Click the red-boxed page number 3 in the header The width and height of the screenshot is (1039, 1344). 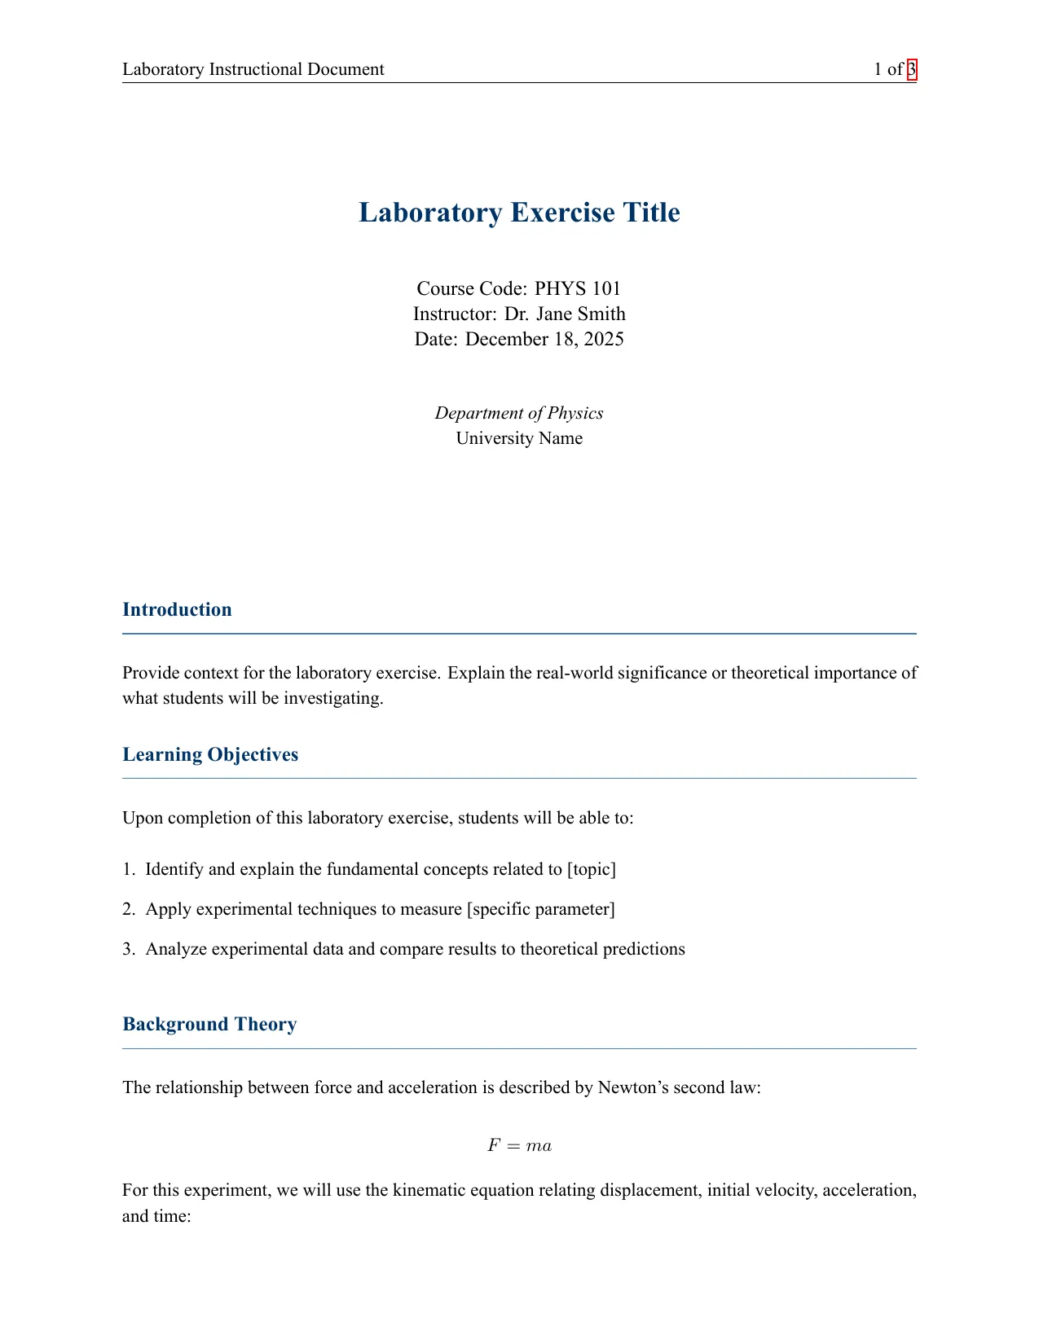tap(912, 69)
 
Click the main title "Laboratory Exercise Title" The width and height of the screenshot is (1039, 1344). tap(519, 213)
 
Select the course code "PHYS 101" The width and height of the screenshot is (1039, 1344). tap(578, 288)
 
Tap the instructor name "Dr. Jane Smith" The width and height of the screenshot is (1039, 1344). tap(565, 314)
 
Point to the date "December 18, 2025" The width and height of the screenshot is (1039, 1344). tap(544, 339)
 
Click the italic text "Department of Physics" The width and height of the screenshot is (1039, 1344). tap(519, 413)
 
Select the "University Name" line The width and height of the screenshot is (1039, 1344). tap(519, 438)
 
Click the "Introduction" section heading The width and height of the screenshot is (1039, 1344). tap(177, 609)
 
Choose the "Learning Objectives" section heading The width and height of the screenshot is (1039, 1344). tap(210, 754)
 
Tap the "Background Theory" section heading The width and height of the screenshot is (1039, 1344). tap(209, 1024)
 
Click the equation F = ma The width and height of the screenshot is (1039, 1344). tap(519, 1146)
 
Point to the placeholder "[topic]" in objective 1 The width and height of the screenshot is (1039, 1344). tap(592, 869)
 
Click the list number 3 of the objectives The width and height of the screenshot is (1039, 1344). tap(128, 949)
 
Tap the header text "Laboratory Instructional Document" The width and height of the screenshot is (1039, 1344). tap(253, 69)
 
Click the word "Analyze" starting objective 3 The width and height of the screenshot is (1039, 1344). tap(176, 949)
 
